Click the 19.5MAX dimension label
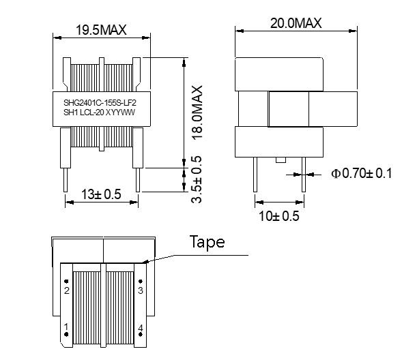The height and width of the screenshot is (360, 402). tap(101, 30)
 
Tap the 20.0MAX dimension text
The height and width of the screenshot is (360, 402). tap(296, 23)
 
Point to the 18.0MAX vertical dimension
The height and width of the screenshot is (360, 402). tap(197, 112)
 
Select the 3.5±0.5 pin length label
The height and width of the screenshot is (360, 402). tap(197, 179)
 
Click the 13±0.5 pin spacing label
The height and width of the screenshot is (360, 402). tap(101, 194)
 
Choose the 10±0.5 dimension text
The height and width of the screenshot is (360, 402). tap(279, 216)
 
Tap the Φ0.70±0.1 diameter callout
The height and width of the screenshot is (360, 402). tap(361, 173)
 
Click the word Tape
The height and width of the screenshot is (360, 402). tap(207, 241)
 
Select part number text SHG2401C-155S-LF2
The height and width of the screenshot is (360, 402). tap(100, 103)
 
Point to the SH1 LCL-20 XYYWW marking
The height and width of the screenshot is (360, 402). tap(99, 112)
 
